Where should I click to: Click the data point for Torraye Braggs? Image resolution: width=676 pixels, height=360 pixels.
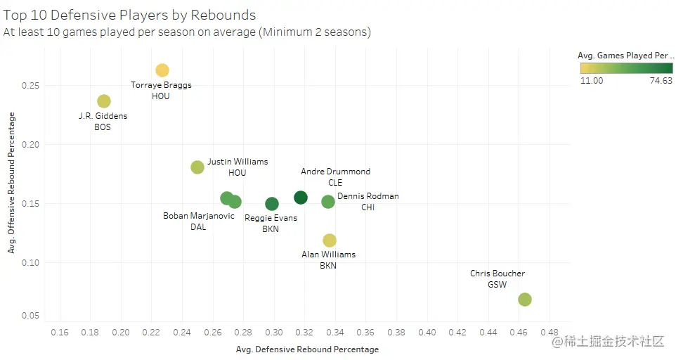pos(162,70)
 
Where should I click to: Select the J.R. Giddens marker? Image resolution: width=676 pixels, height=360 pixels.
pos(104,101)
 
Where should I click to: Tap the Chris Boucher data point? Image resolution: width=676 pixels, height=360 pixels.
pos(524,300)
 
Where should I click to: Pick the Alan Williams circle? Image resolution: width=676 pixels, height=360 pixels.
pos(329,240)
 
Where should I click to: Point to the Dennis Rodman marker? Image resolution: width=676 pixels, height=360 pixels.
pos(328,202)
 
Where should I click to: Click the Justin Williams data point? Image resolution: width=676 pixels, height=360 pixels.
pos(197,167)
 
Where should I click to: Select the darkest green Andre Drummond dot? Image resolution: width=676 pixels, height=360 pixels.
pos(301,198)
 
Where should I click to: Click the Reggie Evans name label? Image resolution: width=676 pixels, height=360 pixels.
pos(271,218)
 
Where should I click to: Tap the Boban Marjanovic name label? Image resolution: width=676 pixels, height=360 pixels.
pos(199,216)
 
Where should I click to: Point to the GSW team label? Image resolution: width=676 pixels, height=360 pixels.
pos(498,285)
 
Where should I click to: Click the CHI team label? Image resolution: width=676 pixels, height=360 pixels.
pos(368,207)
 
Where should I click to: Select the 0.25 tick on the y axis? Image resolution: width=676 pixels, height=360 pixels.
pos(30,86)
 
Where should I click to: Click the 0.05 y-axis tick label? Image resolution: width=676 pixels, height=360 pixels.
pos(30,315)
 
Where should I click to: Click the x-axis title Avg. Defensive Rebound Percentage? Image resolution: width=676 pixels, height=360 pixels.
pos(307,349)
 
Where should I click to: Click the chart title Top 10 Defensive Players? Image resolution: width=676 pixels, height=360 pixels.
pos(129,15)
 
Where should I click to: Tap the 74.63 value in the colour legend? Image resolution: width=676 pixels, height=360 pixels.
pos(661,81)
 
